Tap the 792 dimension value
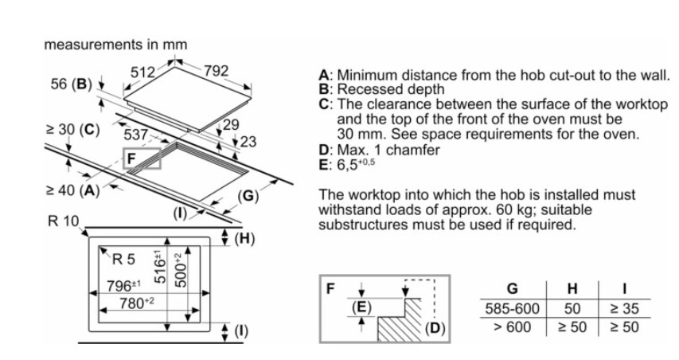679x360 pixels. point(216,72)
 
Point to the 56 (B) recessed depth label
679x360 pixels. point(72,84)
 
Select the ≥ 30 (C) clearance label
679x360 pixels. point(72,130)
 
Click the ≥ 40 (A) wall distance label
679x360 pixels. point(72,191)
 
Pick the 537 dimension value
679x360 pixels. point(136,135)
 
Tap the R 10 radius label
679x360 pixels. point(64,221)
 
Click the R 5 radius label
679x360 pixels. point(125,258)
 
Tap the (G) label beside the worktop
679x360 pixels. point(248,195)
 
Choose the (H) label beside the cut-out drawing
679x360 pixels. point(245,238)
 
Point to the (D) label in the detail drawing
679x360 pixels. point(435,327)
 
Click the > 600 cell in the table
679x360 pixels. point(512,327)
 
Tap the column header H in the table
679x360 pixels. point(572,288)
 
